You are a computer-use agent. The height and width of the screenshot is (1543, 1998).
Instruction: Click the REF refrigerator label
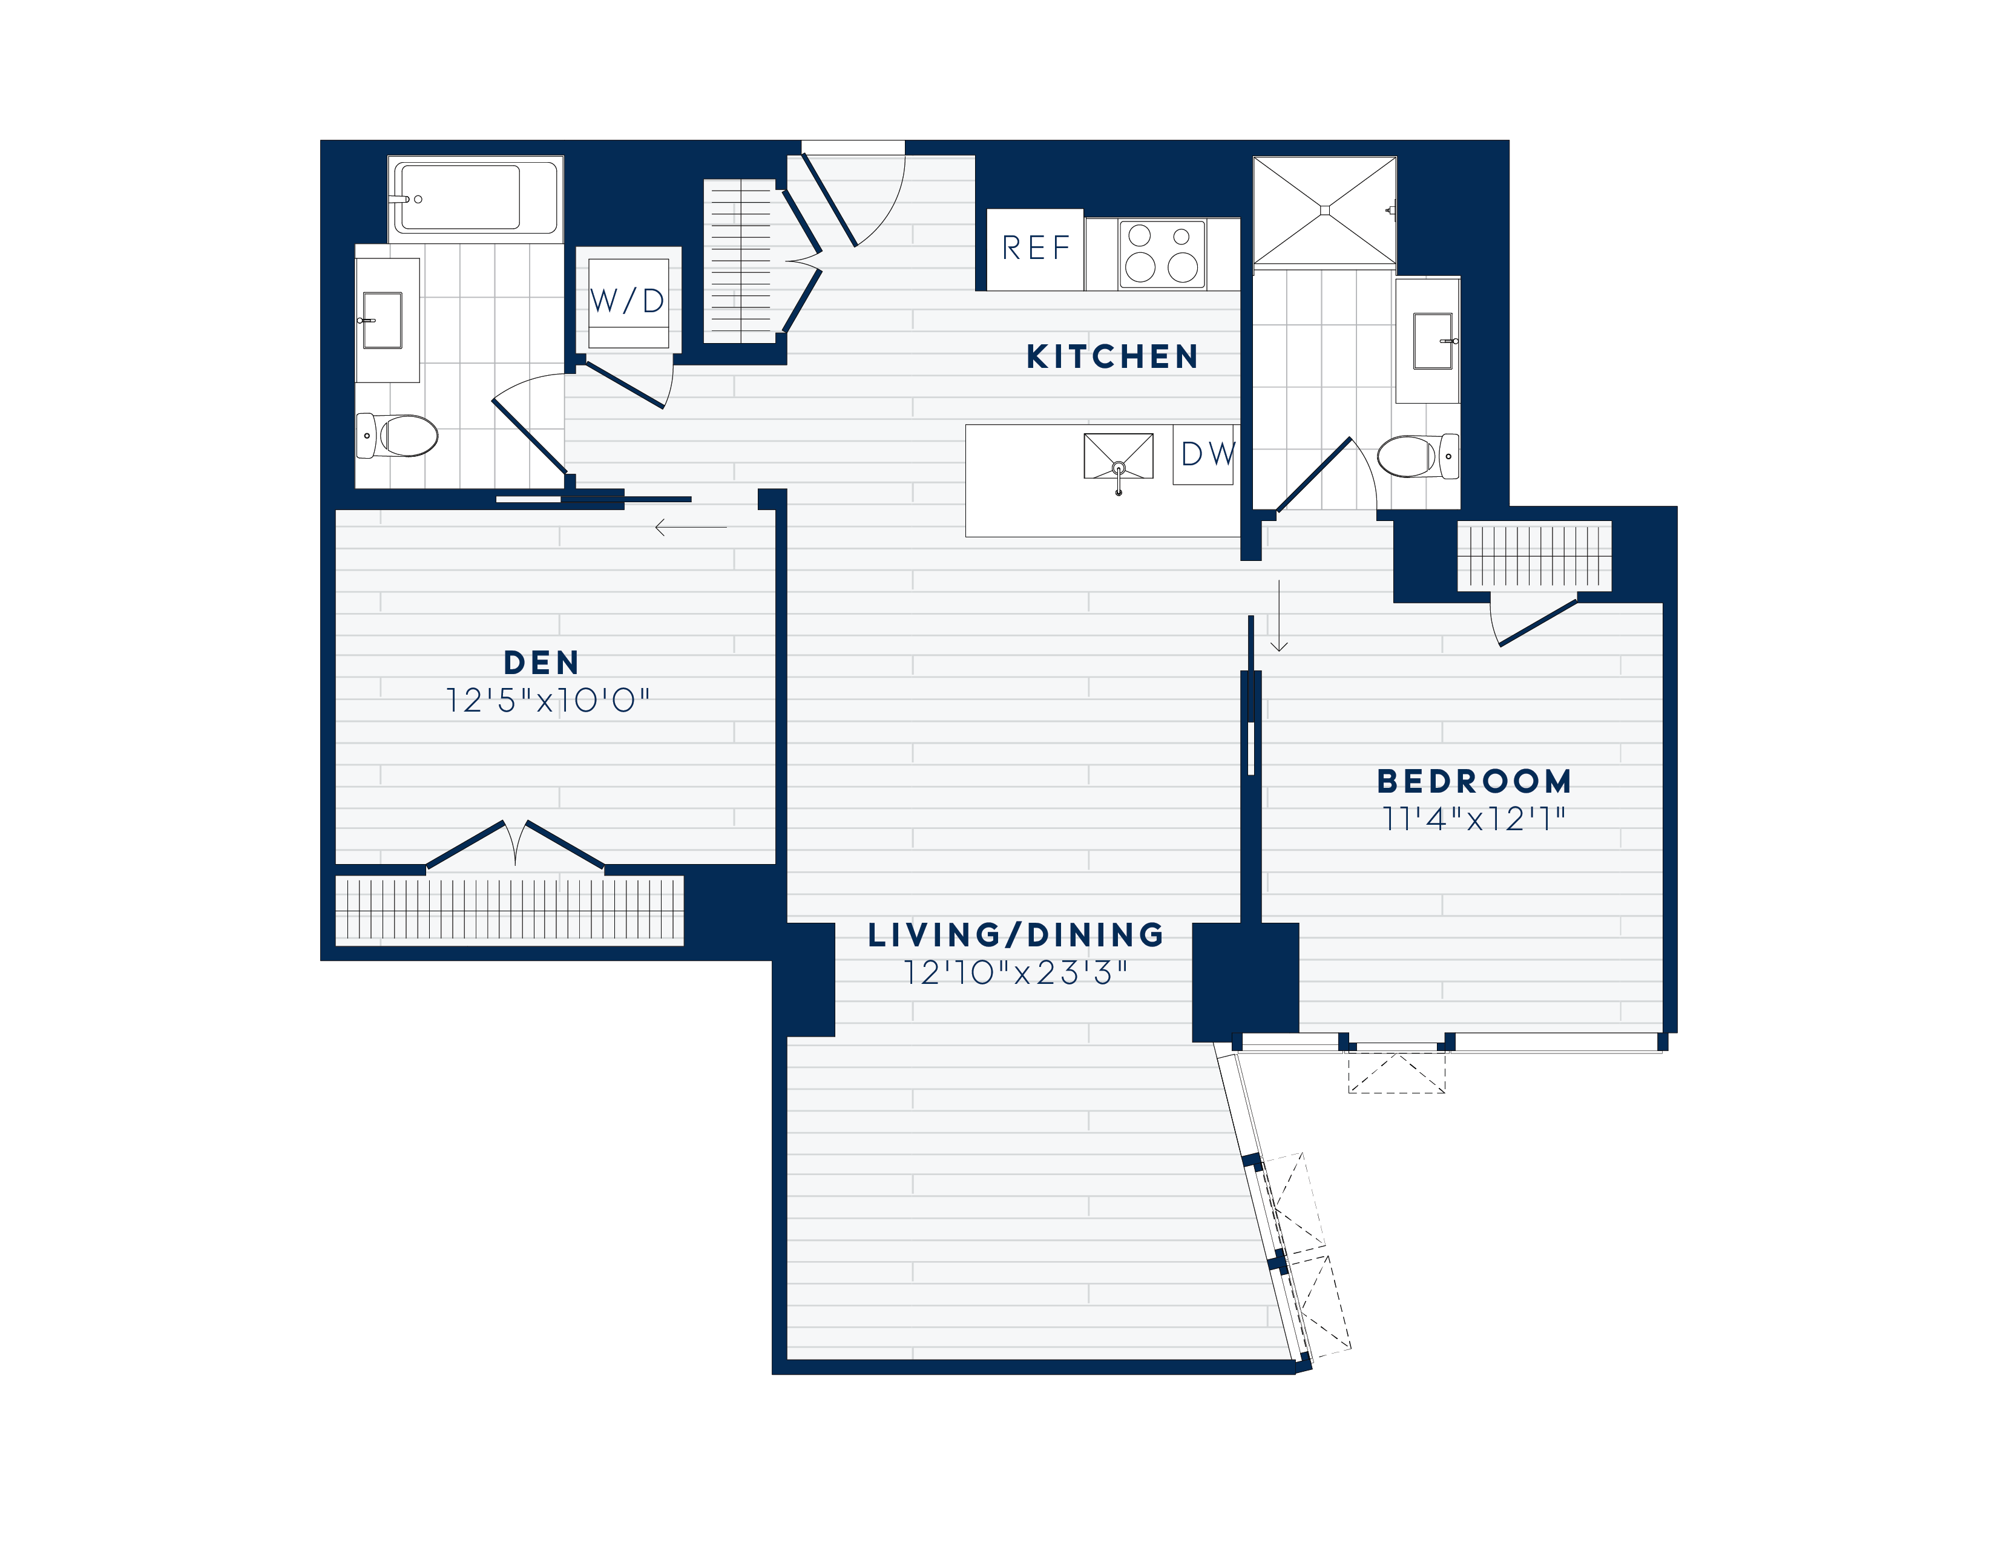pyautogui.click(x=1036, y=248)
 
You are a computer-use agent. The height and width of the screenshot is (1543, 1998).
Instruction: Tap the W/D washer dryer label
pyautogui.click(x=628, y=301)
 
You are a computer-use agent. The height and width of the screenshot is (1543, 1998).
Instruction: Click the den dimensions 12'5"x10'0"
pyautogui.click(x=547, y=701)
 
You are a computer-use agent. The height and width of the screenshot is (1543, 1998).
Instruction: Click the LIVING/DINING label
pyautogui.click(x=1016, y=935)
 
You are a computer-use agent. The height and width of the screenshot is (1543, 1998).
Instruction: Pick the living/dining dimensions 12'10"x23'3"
pyautogui.click(x=1016, y=972)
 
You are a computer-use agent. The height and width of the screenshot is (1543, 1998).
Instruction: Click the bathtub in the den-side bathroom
pyautogui.click(x=475, y=197)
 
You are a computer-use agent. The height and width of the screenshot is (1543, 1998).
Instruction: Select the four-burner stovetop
pyautogui.click(x=1162, y=254)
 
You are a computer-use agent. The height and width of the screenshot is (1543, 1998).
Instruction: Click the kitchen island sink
pyautogui.click(x=1118, y=456)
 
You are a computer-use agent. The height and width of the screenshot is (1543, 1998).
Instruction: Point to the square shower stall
pyautogui.click(x=1324, y=211)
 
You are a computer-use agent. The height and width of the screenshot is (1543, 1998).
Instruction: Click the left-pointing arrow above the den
pyautogui.click(x=691, y=528)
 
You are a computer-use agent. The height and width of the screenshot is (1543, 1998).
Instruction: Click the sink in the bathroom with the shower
pyautogui.click(x=1433, y=340)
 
